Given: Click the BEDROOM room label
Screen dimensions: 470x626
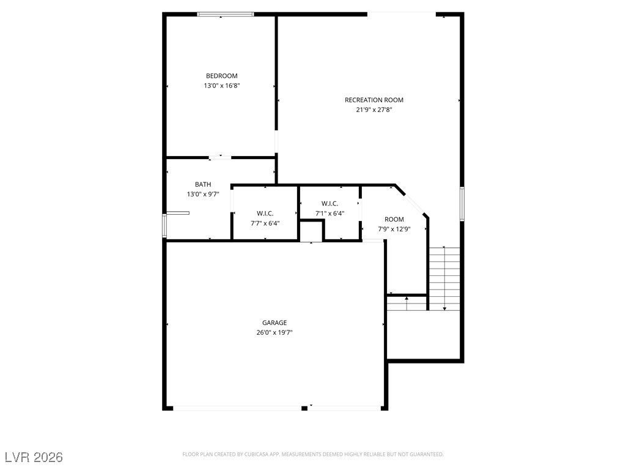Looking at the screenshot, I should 221,76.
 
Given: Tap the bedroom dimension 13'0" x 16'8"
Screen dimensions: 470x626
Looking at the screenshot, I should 221,86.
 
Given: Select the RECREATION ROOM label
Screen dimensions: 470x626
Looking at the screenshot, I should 374,100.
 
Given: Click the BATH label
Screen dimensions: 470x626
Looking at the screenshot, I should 203,184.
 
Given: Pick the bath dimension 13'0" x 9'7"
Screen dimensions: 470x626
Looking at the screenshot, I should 203,195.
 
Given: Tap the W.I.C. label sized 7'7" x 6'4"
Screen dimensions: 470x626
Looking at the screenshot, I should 265,213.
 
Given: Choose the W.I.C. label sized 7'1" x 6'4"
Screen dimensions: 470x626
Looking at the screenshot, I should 330,203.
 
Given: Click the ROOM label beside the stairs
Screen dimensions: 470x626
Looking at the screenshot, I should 394,219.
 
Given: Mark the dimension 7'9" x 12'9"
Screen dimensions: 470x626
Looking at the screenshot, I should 394,229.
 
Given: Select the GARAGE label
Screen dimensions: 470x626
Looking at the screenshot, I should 274,323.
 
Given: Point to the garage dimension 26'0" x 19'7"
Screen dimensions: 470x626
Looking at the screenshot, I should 274,333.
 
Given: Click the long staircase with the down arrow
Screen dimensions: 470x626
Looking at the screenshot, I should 444,278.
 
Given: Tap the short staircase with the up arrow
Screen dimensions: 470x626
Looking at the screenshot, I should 407,303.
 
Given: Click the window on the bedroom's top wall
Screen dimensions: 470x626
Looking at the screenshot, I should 225,14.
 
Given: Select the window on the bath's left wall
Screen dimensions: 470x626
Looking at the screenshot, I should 164,225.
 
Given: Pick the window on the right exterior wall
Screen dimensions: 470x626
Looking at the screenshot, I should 462,203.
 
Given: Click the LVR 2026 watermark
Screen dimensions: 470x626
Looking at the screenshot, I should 34,457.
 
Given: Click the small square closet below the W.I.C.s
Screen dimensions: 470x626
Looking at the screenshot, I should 311,232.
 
